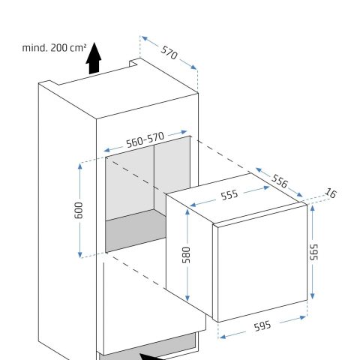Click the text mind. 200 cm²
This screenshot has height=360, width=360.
coord(54,47)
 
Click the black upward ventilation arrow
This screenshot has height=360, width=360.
coord(94,58)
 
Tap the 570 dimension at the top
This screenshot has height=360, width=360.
coord(169,52)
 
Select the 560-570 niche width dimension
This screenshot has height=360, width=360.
coord(145,139)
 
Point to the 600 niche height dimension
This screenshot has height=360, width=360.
coord(79,210)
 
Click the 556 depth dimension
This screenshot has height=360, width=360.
coord(280,181)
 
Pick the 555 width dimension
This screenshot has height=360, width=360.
coord(229,195)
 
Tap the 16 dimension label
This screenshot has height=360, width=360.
coord(331,193)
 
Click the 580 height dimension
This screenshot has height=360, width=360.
coord(186,255)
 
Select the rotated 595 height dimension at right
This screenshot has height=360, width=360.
coord(313,252)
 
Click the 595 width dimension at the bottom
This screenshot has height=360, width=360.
coord(262,326)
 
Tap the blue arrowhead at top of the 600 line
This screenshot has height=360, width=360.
coord(80,166)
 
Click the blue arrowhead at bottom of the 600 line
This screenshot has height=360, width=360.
coord(80,254)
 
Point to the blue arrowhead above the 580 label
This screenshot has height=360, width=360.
coord(187,212)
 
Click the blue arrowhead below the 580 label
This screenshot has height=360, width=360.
coord(187,298)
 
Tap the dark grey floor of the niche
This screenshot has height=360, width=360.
coord(136,230)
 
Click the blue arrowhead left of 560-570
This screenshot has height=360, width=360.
coord(106,150)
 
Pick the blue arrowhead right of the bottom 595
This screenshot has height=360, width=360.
coord(303,317)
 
